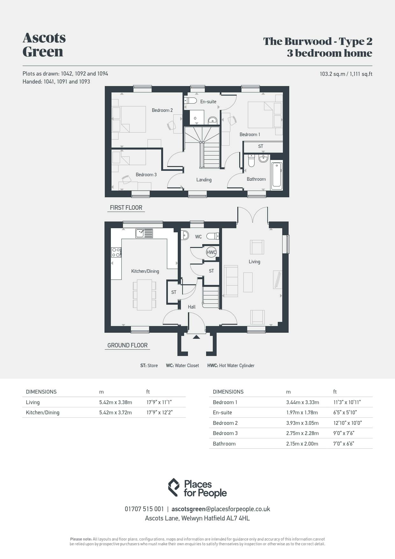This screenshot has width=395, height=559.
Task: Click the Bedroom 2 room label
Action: click(162, 110)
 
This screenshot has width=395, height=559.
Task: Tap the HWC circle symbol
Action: click(211, 252)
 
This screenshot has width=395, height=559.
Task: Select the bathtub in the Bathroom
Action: click(276, 175)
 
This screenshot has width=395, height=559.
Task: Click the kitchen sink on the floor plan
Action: click(144, 233)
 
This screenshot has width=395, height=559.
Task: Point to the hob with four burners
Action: click(116, 252)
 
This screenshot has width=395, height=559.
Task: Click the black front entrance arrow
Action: click(196, 337)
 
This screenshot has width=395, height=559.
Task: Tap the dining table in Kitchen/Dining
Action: click(144, 295)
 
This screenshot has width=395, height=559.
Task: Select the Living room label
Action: click(254, 262)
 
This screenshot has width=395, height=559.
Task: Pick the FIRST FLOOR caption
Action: click(126, 208)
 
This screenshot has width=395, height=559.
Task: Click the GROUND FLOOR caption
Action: click(127, 345)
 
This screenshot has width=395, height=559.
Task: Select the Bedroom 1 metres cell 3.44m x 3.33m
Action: click(303, 402)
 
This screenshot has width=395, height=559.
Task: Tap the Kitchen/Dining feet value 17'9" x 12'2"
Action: click(160, 412)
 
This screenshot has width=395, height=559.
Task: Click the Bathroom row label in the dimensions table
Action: click(224, 444)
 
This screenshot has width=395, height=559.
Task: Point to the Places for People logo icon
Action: click(174, 487)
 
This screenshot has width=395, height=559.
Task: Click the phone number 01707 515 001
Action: click(144, 509)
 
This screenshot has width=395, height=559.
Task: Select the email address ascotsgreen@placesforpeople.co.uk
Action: click(221, 509)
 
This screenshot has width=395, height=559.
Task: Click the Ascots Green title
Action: click(44, 45)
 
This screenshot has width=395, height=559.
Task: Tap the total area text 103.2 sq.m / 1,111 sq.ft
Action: click(346, 74)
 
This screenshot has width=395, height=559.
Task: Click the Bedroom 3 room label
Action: click(146, 175)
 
